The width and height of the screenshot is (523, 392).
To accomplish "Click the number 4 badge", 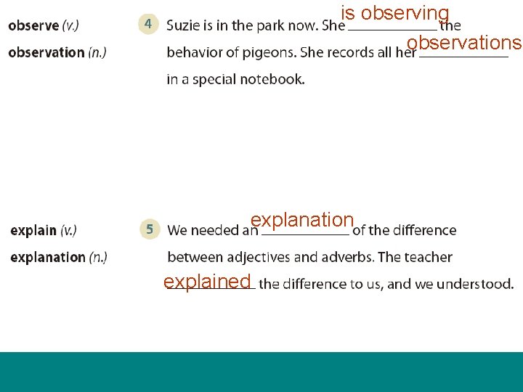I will point(148,24).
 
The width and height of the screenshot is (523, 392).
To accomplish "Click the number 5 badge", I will point(149,229).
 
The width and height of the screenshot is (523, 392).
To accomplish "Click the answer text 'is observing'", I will point(395,14).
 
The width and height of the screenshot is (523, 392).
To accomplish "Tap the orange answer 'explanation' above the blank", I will point(301,220).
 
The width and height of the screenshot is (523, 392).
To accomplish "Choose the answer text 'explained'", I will point(207,282).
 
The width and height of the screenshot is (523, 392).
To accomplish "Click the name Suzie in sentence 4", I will point(183,25).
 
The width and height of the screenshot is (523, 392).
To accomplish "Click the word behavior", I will point(192,52).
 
